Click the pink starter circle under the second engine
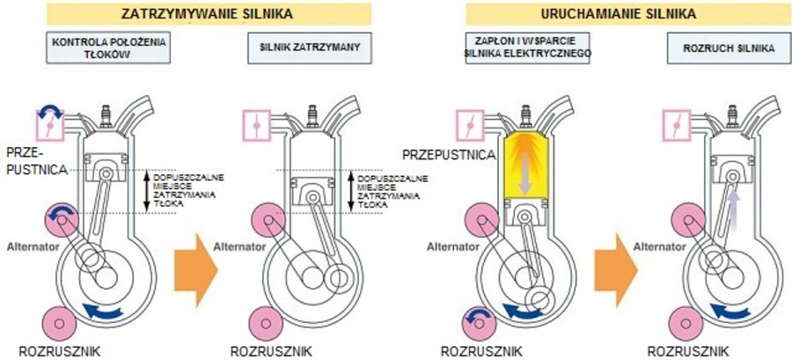pyautogui.click(x=267, y=324)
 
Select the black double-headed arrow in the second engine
pyautogui.click(x=353, y=191)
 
